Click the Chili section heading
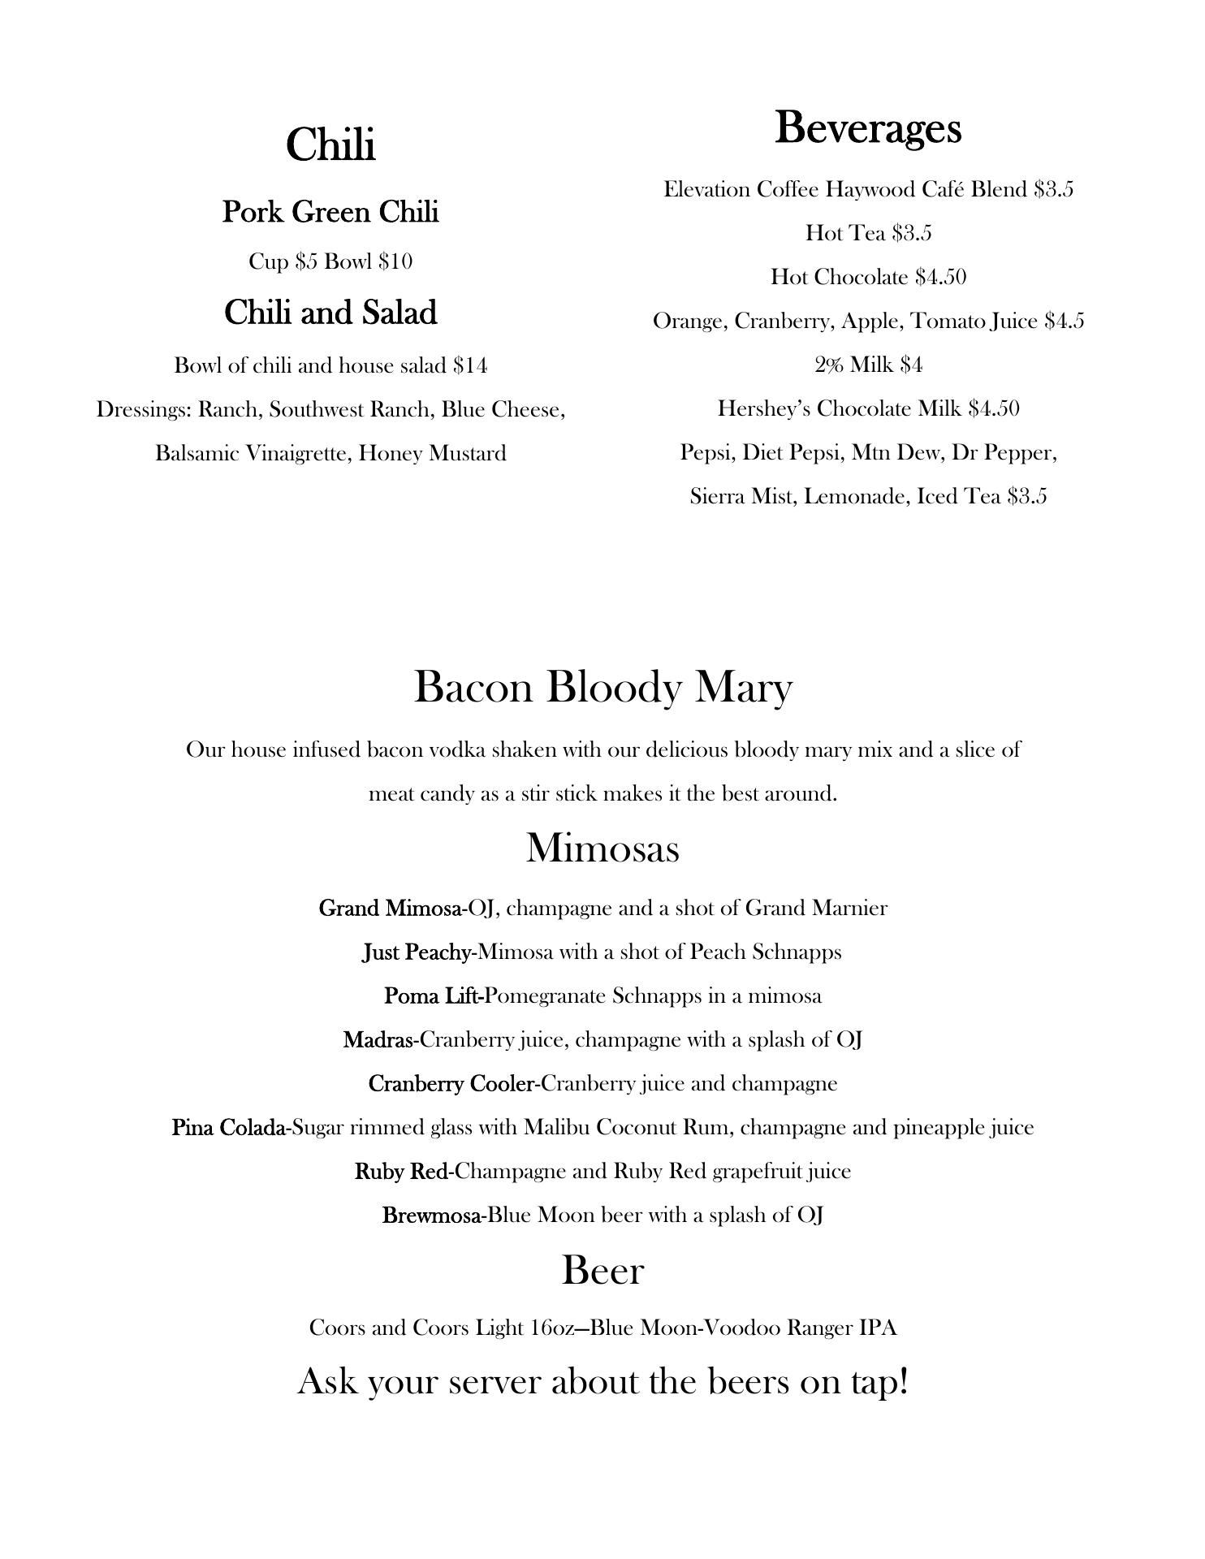click(330, 145)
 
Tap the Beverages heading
click(868, 128)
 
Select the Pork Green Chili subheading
click(330, 212)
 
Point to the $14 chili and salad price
click(470, 365)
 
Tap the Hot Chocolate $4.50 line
click(868, 277)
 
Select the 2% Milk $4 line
click(868, 365)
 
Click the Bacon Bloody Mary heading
click(602, 687)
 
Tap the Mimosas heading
click(602, 848)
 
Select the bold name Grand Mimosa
click(390, 908)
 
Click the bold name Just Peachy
click(416, 952)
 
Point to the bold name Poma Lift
click(432, 995)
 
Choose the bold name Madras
click(378, 1039)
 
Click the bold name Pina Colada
click(227, 1127)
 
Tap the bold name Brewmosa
click(432, 1215)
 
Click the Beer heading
click(602, 1270)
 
